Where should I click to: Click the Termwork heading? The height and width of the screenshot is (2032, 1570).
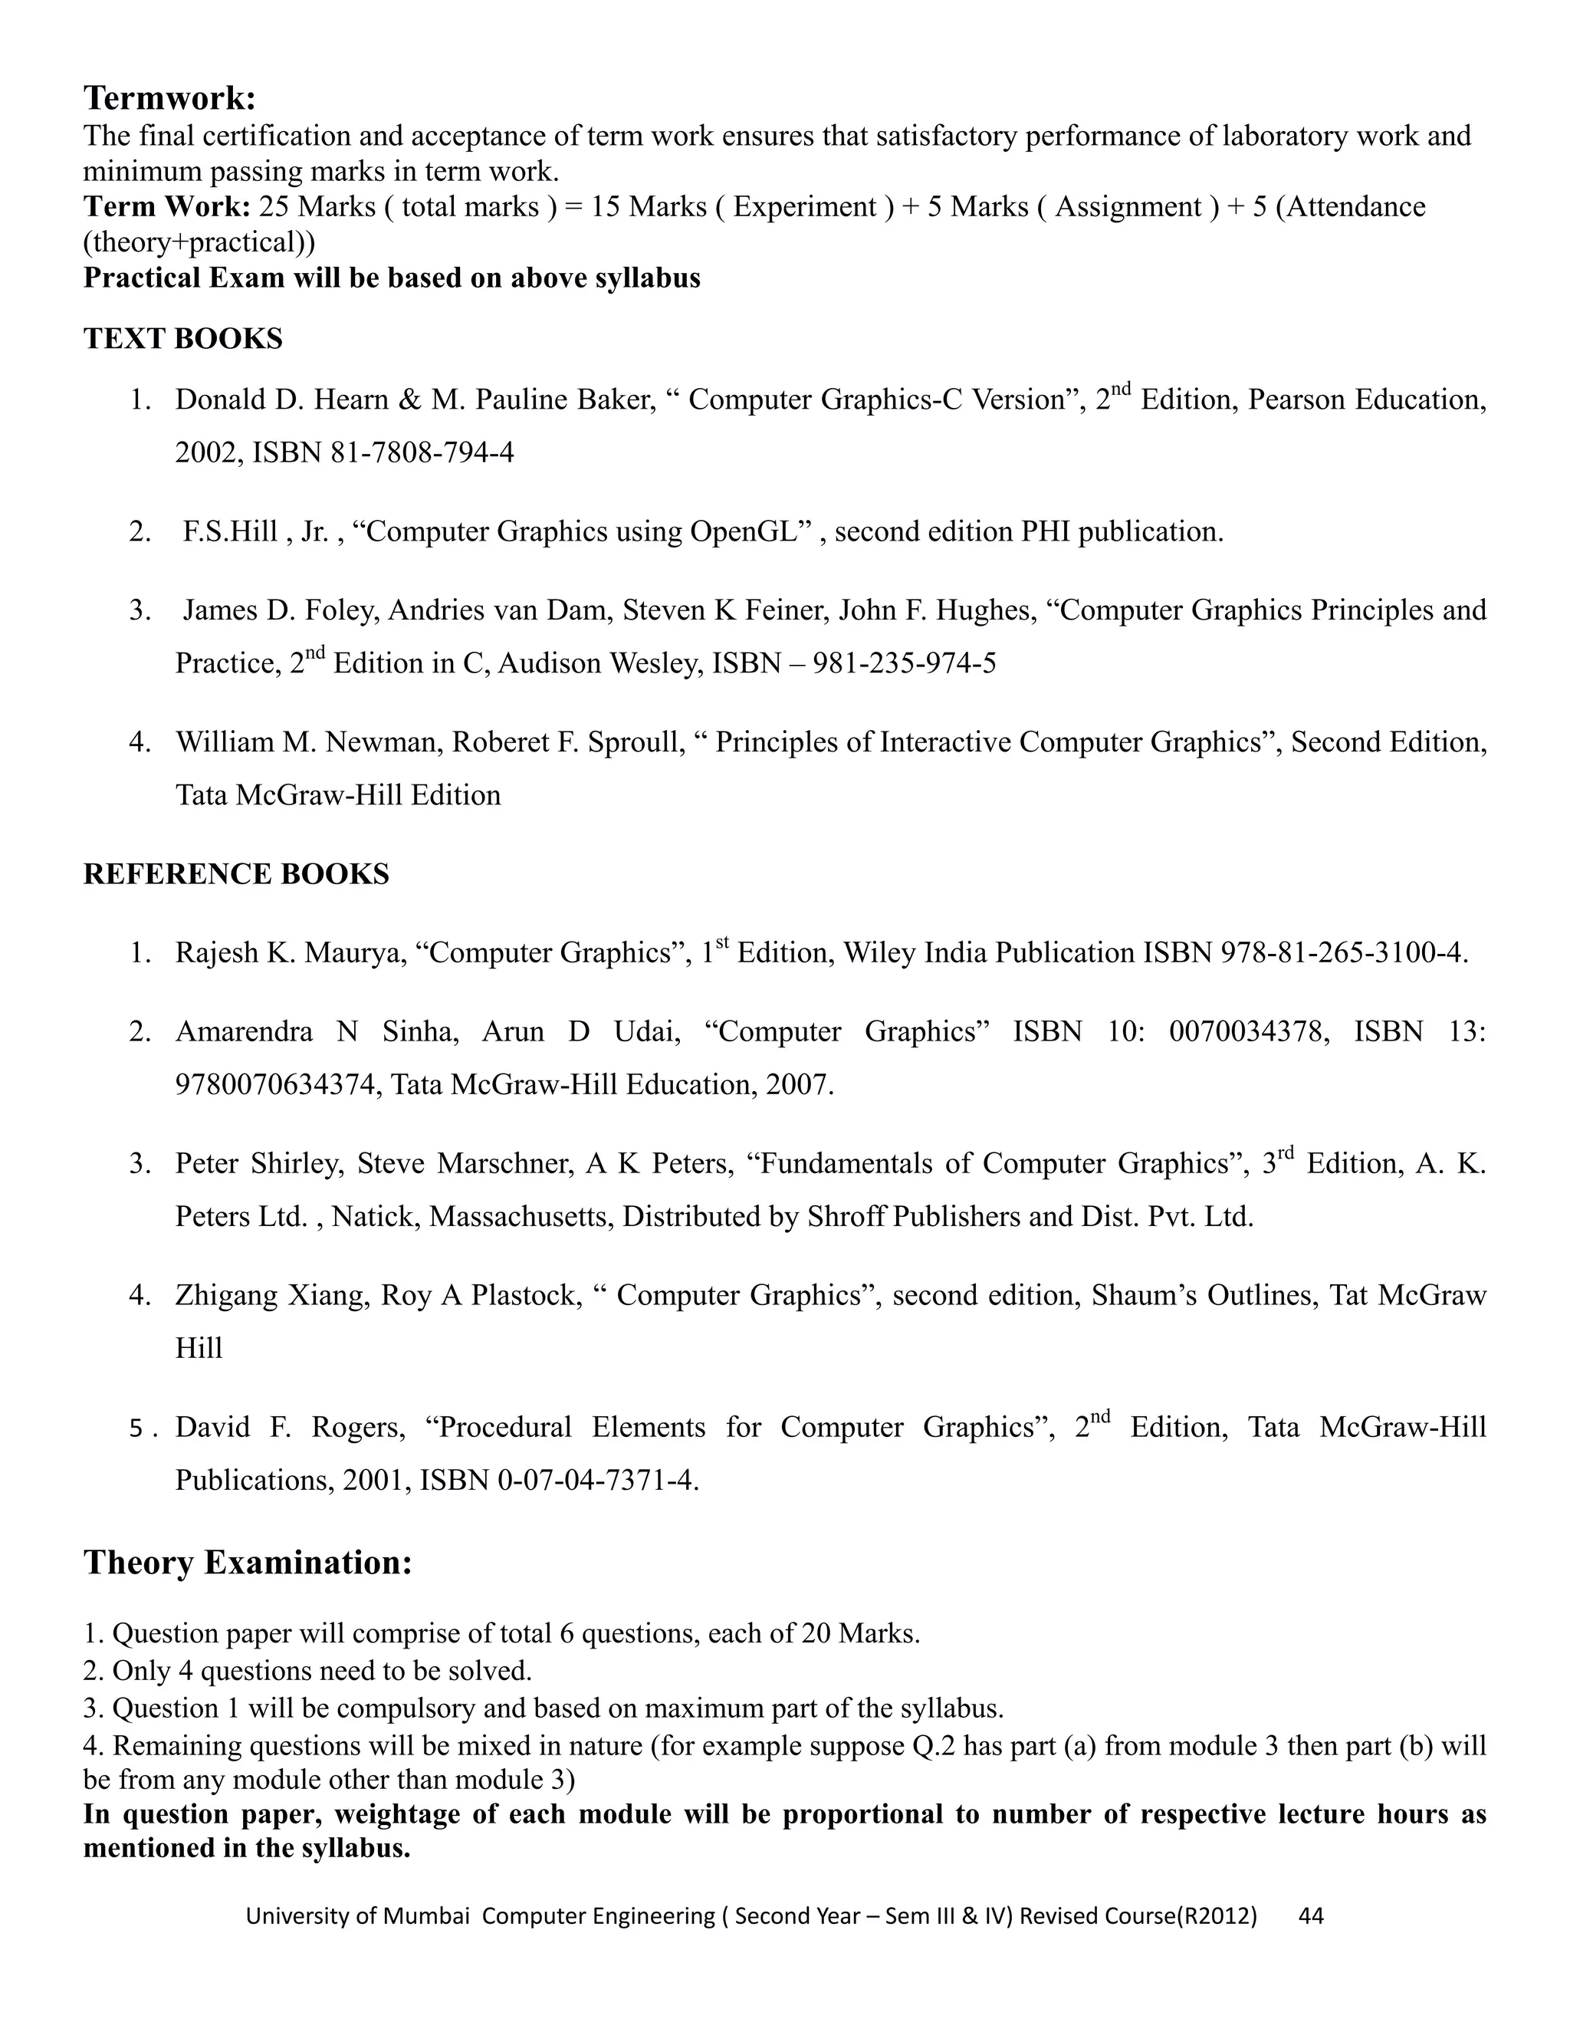click(x=169, y=97)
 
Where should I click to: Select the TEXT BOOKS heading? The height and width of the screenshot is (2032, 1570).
click(x=183, y=339)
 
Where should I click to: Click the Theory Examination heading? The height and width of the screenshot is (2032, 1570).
click(x=248, y=1562)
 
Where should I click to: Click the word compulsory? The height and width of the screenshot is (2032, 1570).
click(x=396, y=1708)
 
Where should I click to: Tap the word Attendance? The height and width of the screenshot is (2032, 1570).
click(x=1356, y=206)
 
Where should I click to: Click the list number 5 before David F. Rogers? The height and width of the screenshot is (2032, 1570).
click(x=136, y=1429)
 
